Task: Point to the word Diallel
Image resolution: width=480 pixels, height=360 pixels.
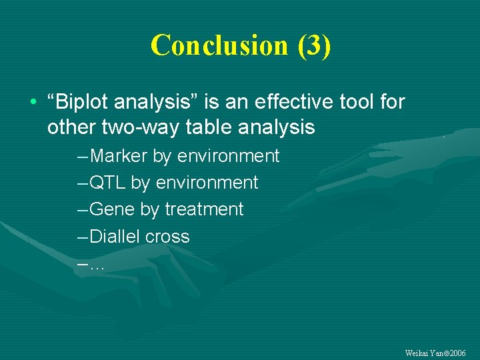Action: [x=114, y=237]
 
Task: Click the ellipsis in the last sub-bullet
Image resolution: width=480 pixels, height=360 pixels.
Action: [x=97, y=265]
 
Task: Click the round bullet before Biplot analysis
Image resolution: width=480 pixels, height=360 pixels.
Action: [x=33, y=103]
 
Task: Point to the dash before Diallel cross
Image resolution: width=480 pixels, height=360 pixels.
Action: [x=82, y=237]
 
